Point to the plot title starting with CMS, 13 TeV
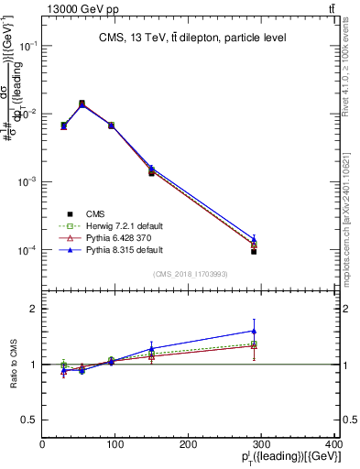tap(192, 38)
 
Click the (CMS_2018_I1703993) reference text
tap(191, 274)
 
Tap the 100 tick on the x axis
tap(115, 444)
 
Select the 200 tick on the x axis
tap(190, 444)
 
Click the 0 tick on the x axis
tap(42, 444)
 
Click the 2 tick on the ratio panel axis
tap(35, 310)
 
